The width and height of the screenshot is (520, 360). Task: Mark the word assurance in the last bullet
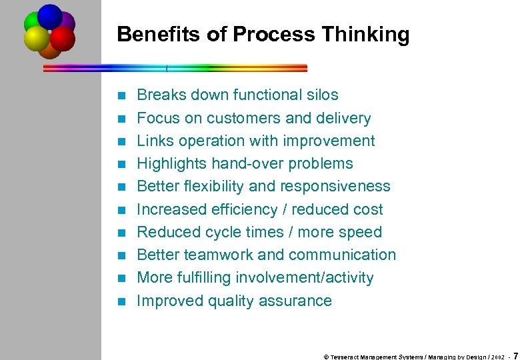click(x=299, y=301)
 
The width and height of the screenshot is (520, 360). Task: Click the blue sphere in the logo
click(x=50, y=16)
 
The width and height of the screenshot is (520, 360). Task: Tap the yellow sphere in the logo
click(x=36, y=38)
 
